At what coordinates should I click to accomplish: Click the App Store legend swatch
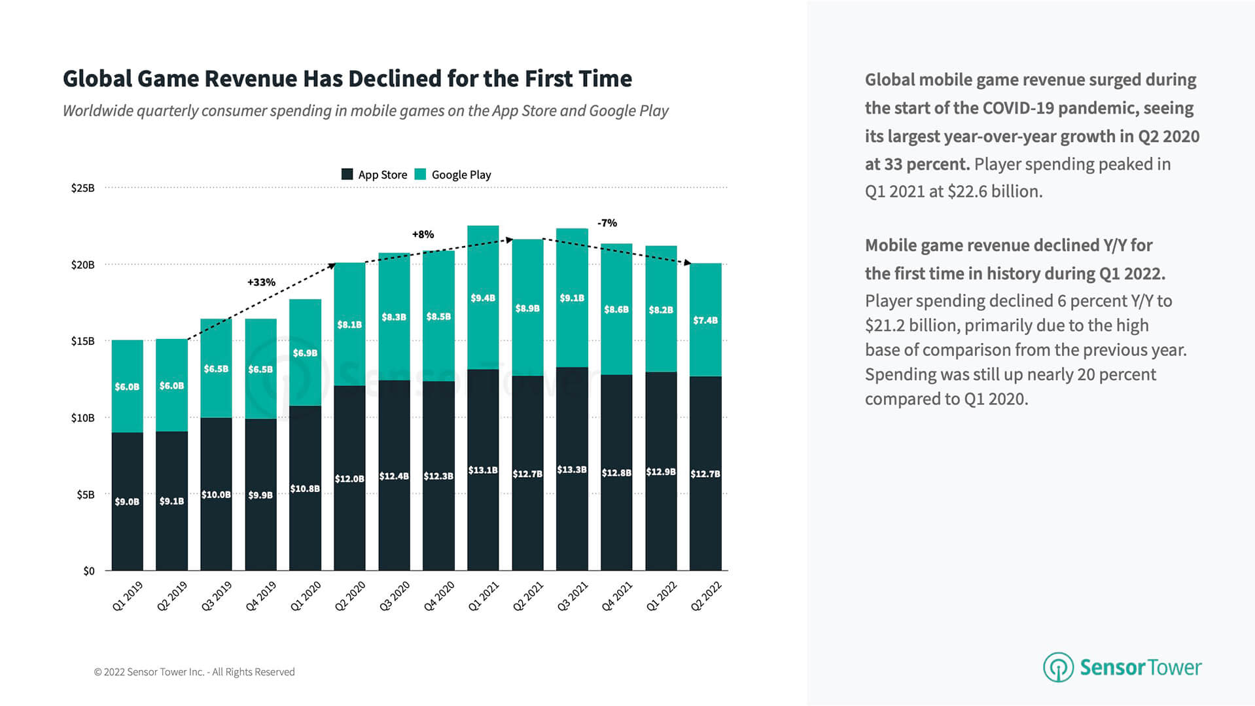coord(347,174)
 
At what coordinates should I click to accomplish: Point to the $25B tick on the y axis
coord(83,188)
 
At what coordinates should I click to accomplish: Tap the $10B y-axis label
coord(83,418)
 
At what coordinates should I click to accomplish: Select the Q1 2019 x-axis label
coord(127,596)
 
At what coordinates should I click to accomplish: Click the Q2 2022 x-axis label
coord(705,596)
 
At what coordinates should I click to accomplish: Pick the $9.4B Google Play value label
coord(483,298)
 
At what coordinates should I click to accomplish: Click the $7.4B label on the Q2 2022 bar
coord(705,321)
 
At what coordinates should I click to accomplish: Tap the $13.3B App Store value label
coord(572,470)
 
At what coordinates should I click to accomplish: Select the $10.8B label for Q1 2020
coord(305,489)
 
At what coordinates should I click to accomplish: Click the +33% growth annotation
coord(261,283)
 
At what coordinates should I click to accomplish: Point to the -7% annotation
coord(607,223)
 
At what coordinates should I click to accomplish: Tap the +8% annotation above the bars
coord(423,234)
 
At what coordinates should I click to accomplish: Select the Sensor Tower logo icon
coord(1057,667)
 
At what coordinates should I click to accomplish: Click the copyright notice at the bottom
coord(194,672)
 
